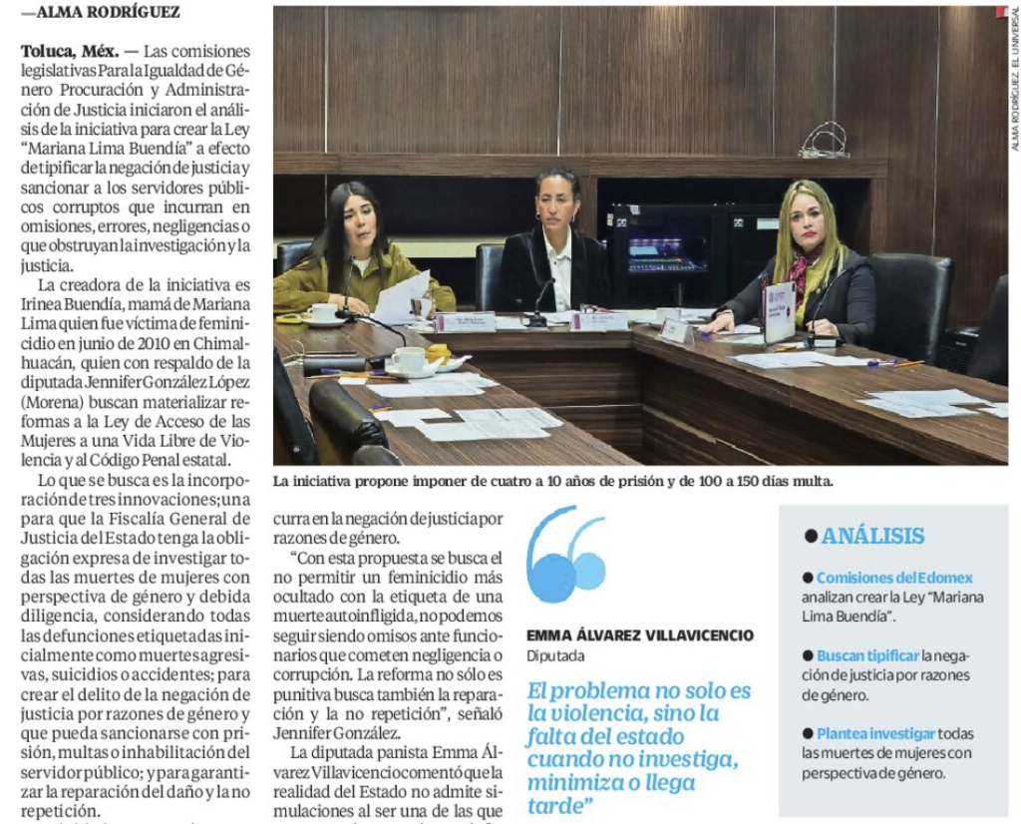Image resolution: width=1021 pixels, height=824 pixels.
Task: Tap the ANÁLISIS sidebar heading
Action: (x=876, y=536)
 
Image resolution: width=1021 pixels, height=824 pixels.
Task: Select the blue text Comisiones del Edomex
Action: (x=894, y=578)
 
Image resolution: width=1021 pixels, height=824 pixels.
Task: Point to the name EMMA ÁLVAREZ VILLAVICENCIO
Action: (x=640, y=635)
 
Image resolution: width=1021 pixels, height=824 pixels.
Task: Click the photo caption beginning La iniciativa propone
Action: (x=552, y=481)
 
